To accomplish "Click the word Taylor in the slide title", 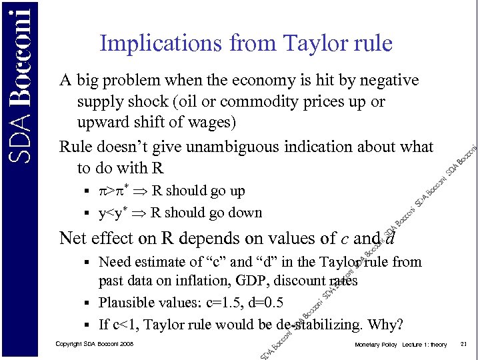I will [313, 44].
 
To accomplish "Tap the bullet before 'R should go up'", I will [87, 191].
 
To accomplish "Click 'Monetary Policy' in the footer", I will [377, 345].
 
